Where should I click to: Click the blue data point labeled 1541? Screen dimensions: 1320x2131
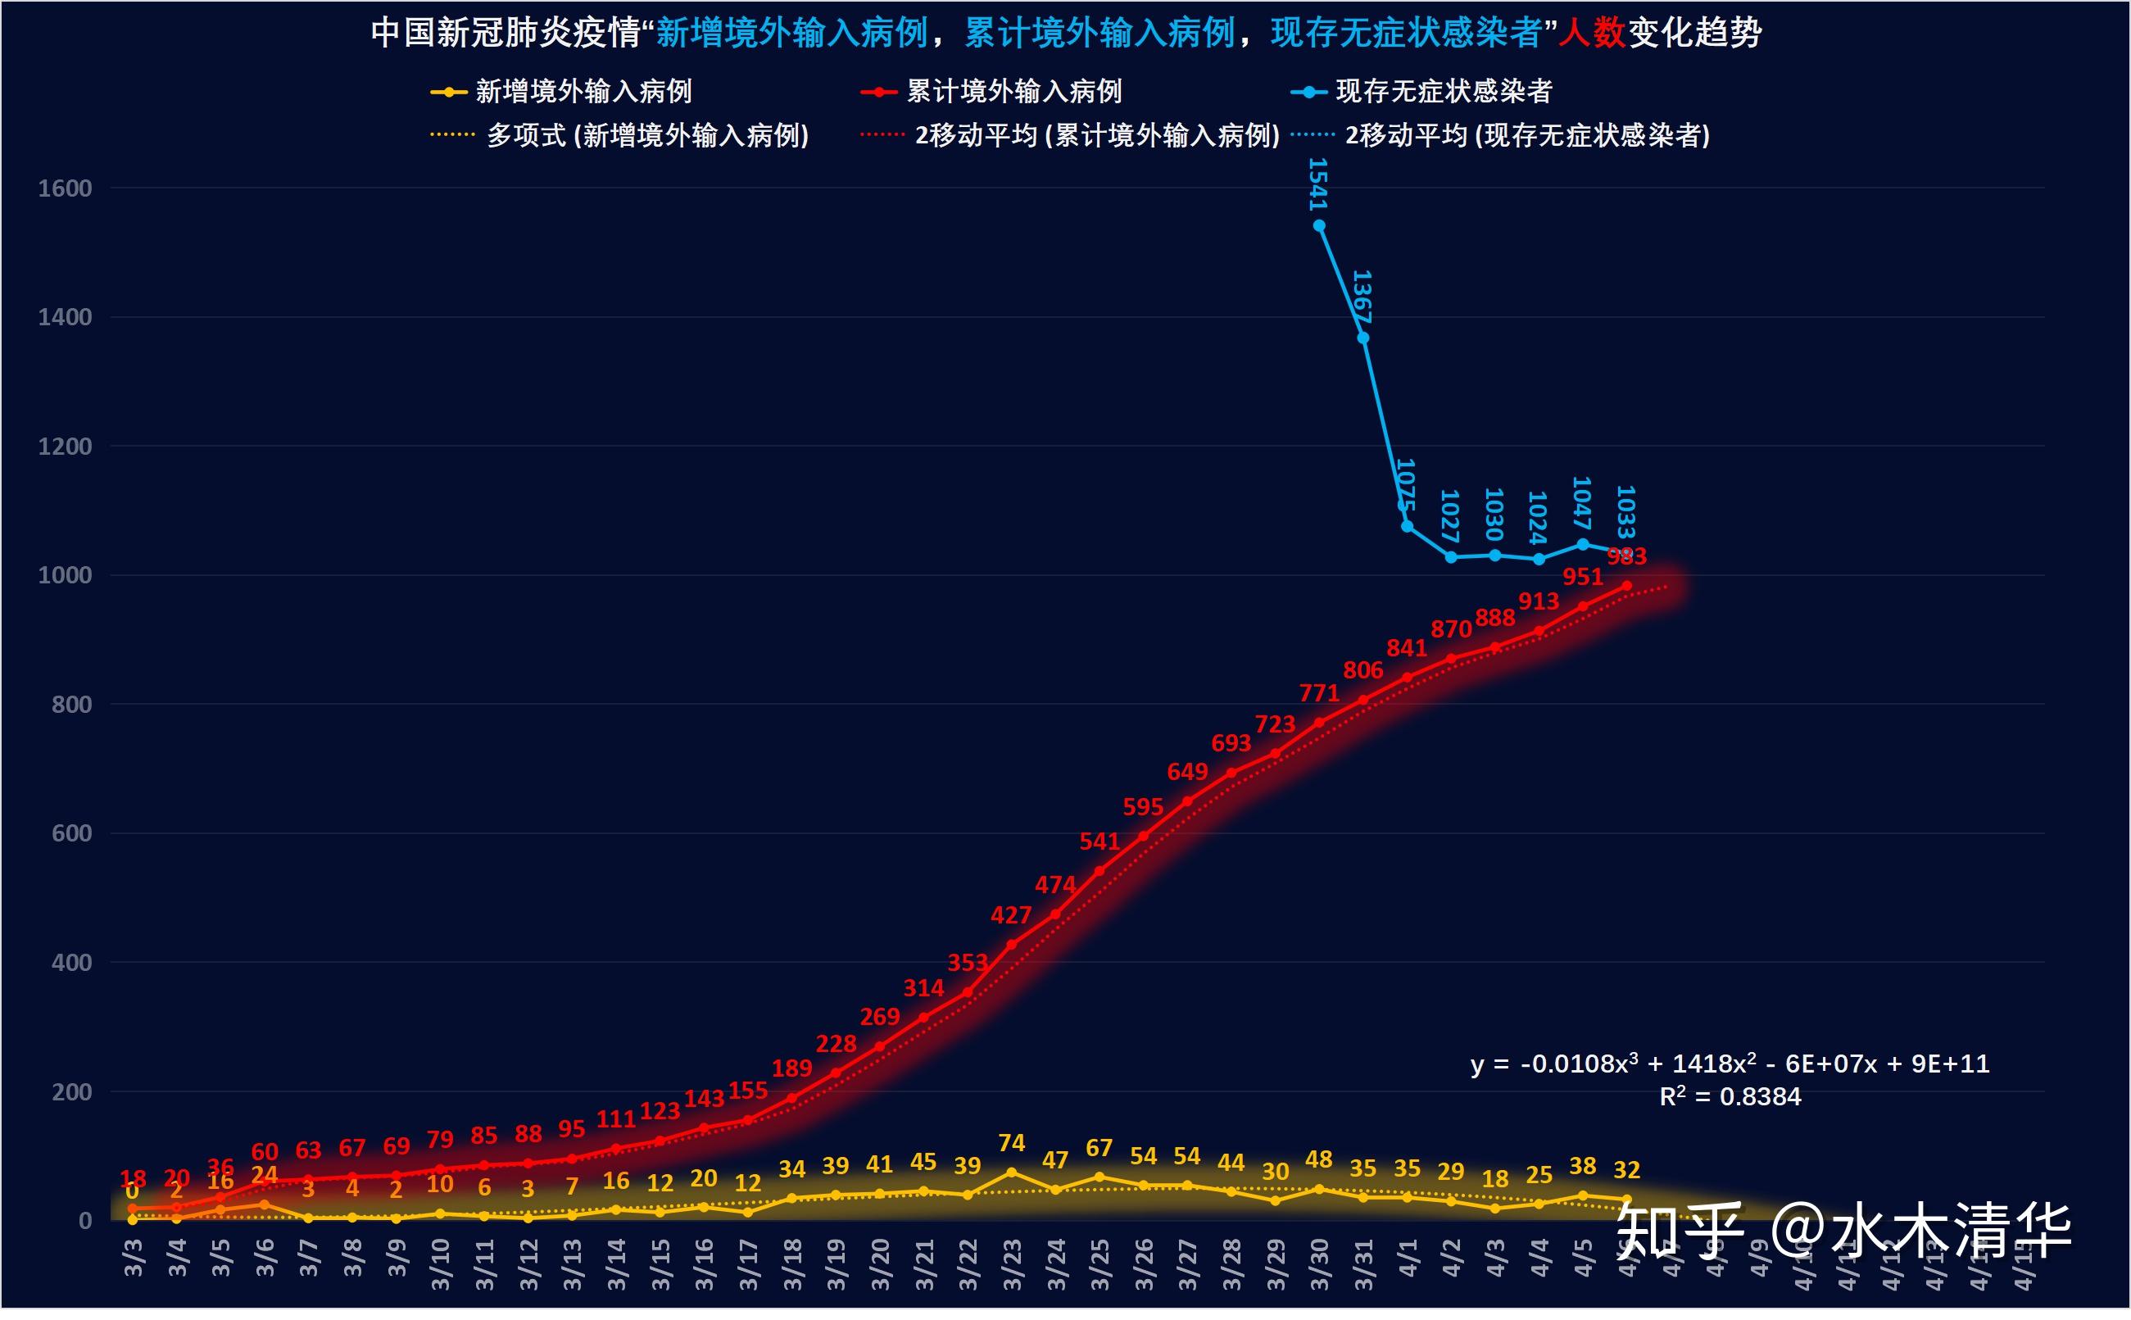[x=1319, y=226]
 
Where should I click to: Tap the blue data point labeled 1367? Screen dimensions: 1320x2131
[x=1362, y=338]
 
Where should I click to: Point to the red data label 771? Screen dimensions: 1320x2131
[x=1318, y=693]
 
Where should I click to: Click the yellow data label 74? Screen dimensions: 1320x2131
[x=1011, y=1143]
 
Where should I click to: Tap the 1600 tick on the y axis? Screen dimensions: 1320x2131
[x=65, y=188]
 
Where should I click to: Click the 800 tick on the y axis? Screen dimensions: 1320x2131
[x=71, y=705]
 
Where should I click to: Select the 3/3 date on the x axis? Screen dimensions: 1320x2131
[x=134, y=1258]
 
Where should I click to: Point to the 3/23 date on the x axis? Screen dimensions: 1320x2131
[x=1013, y=1264]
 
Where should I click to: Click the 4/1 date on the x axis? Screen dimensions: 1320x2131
[x=1408, y=1258]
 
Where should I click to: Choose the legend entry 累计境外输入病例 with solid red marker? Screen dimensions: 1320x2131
[x=1013, y=92]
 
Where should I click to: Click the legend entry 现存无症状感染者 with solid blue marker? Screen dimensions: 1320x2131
[x=1443, y=92]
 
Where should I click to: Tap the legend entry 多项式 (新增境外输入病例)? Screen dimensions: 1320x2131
[x=647, y=135]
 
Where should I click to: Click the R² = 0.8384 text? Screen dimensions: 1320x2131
[x=1730, y=1096]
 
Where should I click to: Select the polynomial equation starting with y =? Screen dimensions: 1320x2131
[x=1730, y=1064]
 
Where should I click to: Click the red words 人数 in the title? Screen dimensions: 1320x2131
[x=1591, y=33]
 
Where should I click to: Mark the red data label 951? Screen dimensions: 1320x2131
[x=1582, y=577]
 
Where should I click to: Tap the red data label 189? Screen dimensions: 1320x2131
[x=791, y=1068]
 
